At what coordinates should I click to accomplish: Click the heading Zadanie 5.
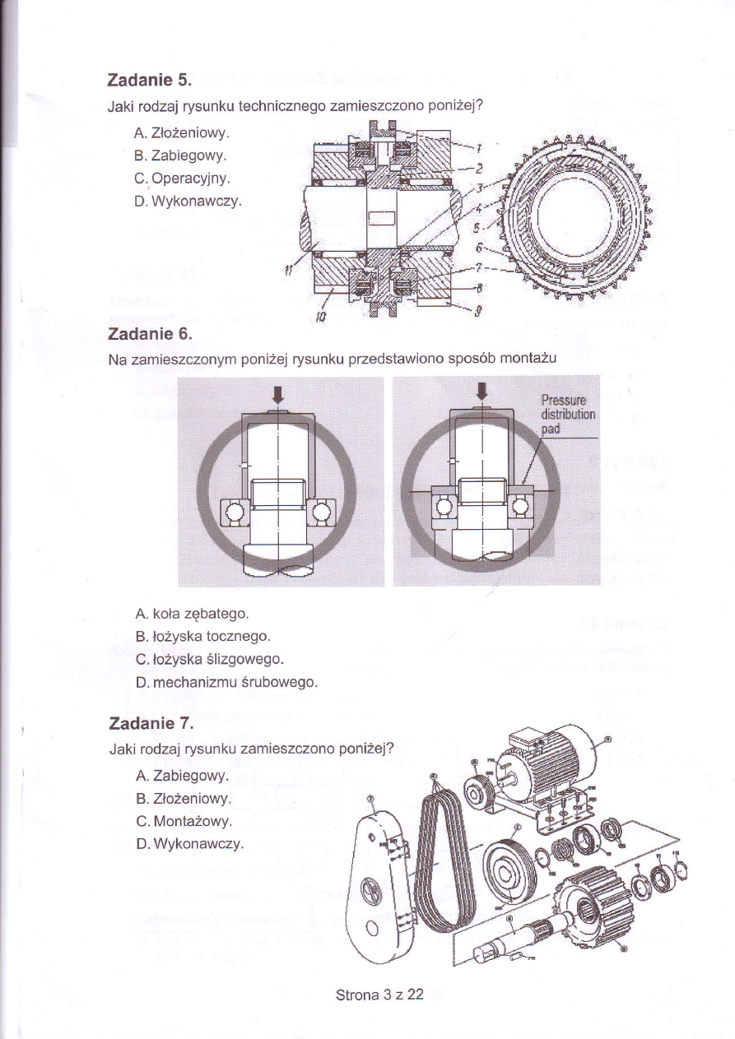click(x=149, y=81)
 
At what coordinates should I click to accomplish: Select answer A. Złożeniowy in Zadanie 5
click(x=181, y=132)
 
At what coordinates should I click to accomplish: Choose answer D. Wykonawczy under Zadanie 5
click(x=187, y=199)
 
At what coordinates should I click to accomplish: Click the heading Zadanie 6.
click(x=149, y=334)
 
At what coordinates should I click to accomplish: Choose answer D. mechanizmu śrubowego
click(x=226, y=682)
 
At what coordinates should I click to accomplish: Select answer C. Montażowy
click(x=184, y=821)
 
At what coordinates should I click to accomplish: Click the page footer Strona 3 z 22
click(x=379, y=995)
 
